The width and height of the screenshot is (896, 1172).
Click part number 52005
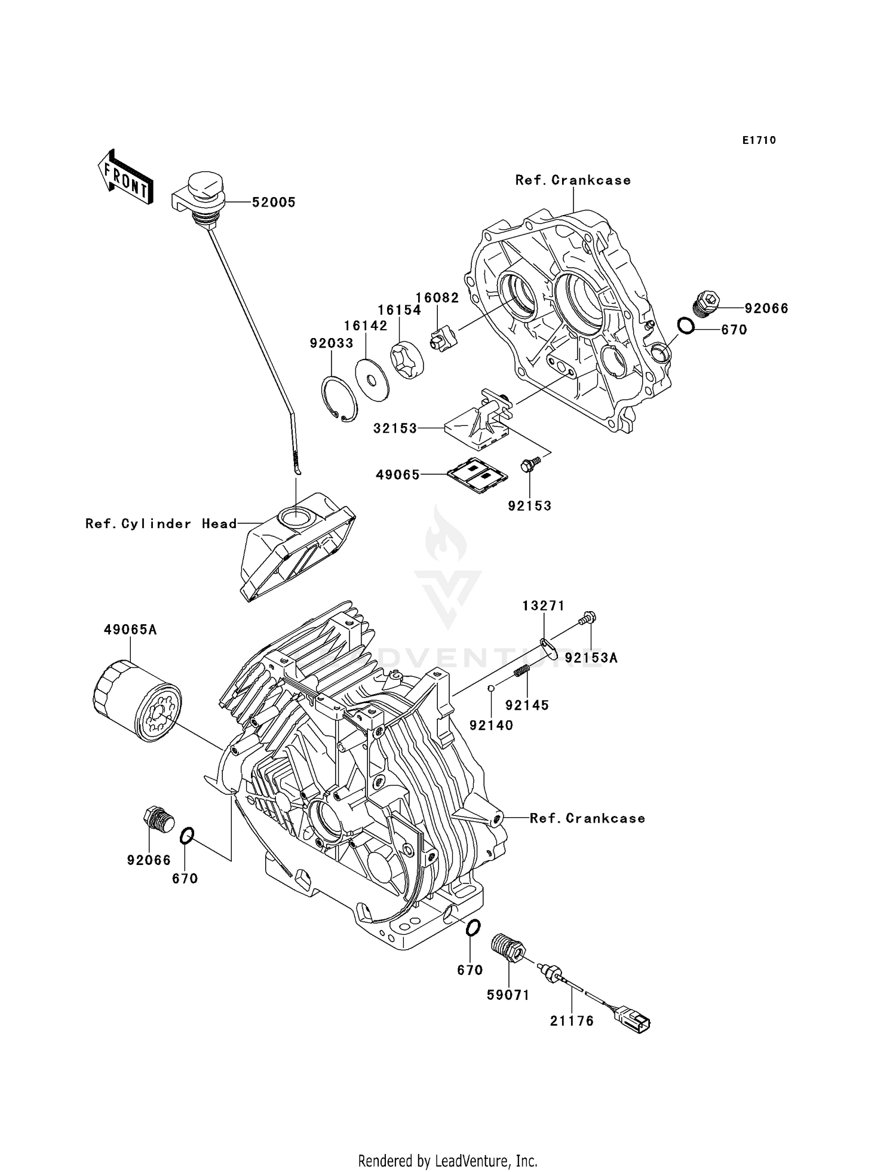[x=274, y=203]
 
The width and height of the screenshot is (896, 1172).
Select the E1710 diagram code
[x=759, y=140]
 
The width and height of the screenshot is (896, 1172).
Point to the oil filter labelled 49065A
[x=137, y=700]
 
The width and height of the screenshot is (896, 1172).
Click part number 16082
[x=437, y=297]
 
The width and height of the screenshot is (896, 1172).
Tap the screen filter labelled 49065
[x=478, y=476]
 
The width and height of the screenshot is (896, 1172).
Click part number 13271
[x=543, y=606]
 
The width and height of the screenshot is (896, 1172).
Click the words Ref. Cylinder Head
[x=161, y=524]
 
